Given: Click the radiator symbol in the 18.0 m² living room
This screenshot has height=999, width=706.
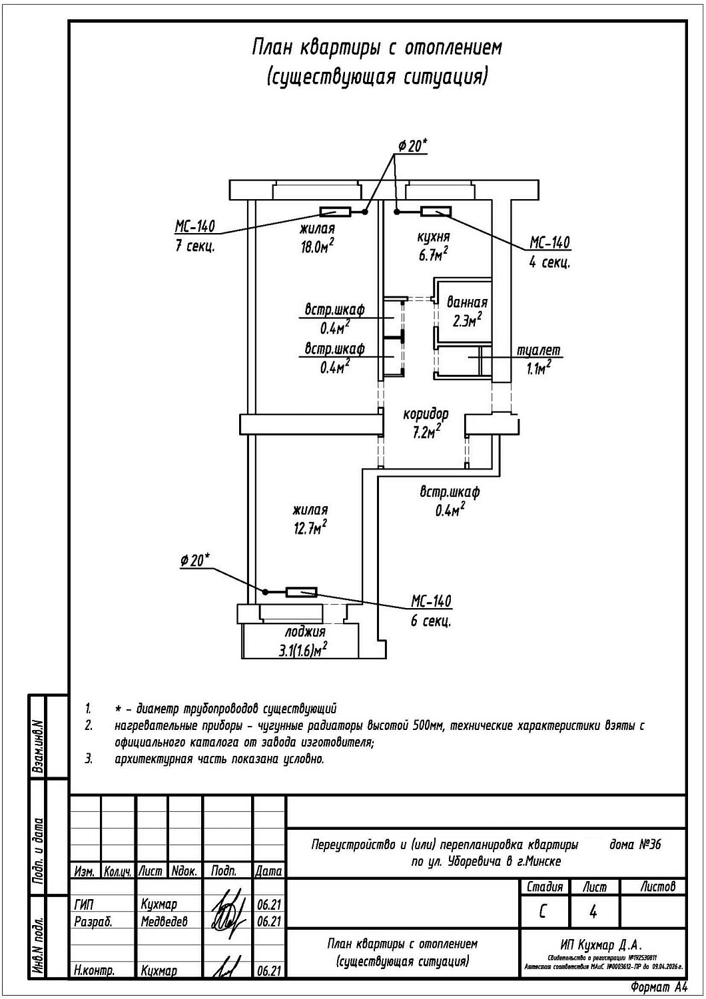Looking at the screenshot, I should pyautogui.click(x=335, y=212).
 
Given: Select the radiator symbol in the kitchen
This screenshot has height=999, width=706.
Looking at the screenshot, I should pyautogui.click(x=436, y=212).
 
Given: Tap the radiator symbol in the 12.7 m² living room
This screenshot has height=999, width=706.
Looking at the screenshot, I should pyautogui.click(x=301, y=592).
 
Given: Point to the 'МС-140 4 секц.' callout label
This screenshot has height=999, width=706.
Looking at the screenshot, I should pyautogui.click(x=549, y=252).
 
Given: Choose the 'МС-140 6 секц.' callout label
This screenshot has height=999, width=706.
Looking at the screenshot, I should pyautogui.click(x=431, y=610).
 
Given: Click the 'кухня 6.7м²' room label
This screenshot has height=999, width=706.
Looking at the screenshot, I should pyautogui.click(x=433, y=244).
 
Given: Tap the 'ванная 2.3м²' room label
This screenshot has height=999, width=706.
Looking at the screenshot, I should pyautogui.click(x=467, y=311).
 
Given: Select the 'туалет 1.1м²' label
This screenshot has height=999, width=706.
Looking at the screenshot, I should pyautogui.click(x=539, y=358).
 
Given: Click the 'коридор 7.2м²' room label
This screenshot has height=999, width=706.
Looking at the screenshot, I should pyautogui.click(x=426, y=423).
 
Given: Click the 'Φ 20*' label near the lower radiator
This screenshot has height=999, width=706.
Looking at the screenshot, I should pyautogui.click(x=194, y=561).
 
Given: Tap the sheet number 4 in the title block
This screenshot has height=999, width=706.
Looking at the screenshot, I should pyautogui.click(x=593, y=911).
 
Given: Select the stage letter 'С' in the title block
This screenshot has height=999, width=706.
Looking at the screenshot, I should pyautogui.click(x=543, y=911).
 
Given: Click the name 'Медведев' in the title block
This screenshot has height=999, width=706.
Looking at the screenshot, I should pyautogui.click(x=164, y=921).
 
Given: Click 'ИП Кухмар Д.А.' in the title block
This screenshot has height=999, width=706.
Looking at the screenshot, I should pyautogui.click(x=601, y=944).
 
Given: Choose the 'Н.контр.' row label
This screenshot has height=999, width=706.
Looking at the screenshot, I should pyautogui.click(x=94, y=971).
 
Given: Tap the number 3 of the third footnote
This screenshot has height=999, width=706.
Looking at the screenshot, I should pyautogui.click(x=89, y=759).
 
